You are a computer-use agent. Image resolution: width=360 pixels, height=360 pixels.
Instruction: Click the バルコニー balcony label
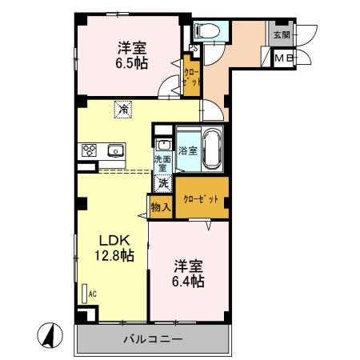[152, 339]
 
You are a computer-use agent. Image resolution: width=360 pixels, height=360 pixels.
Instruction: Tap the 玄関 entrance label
[282, 35]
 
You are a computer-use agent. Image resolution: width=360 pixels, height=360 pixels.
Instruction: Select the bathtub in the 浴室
[212, 149]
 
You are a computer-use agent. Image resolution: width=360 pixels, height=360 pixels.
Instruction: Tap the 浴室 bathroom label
[188, 150]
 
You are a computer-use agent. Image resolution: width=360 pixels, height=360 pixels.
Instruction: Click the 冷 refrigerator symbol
[123, 107]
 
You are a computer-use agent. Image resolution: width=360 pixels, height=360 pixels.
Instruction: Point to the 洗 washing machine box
[162, 182]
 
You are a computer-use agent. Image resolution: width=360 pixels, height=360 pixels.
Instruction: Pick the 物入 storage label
[160, 207]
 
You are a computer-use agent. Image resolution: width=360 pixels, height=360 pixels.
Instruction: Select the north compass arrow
[49, 334]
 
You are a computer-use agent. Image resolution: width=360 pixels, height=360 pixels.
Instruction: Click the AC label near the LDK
[92, 294]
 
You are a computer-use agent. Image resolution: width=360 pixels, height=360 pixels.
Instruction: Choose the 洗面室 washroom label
[162, 163]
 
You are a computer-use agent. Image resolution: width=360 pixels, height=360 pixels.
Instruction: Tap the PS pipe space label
[192, 46]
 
